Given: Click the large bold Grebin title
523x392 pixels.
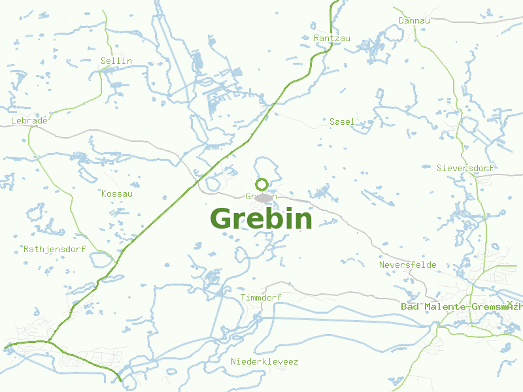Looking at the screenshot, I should (261, 219).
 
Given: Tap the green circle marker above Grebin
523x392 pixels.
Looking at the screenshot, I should (262, 184).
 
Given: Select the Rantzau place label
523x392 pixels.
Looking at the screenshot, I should (332, 39).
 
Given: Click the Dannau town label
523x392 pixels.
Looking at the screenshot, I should (414, 21).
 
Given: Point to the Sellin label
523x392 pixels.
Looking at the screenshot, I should (116, 61).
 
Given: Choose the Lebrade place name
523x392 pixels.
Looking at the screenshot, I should (29, 121).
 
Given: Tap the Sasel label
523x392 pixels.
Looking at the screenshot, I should (342, 122).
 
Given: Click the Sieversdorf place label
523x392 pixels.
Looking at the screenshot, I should (465, 169).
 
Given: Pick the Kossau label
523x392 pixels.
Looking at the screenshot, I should (117, 194).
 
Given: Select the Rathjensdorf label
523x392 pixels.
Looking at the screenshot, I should (54, 250).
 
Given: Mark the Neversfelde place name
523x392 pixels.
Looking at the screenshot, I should (407, 265).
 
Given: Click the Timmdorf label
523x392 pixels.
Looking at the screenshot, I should (261, 298).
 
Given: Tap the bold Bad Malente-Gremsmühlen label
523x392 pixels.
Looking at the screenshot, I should (462, 307).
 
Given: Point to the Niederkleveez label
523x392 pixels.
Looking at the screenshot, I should (264, 362).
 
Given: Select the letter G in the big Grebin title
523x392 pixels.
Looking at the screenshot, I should (222, 219).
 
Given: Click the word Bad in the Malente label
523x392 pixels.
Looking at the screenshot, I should (409, 307).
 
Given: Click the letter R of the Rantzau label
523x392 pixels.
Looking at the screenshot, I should (317, 39).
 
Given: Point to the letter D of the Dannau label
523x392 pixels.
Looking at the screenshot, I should (401, 21).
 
